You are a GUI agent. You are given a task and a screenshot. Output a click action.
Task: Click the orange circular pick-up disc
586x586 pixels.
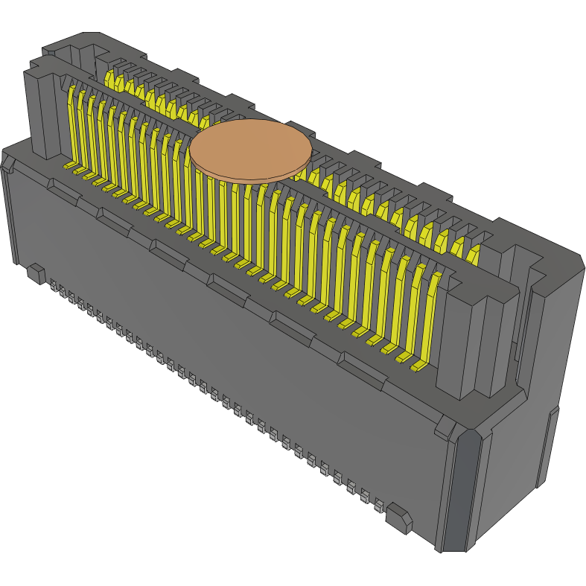(x=250, y=150)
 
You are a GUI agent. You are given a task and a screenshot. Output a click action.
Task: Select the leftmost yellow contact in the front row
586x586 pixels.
(x=73, y=127)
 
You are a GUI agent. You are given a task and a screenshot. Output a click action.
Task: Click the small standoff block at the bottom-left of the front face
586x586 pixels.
(x=35, y=273)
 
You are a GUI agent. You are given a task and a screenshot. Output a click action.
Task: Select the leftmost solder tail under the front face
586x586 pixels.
(x=54, y=285)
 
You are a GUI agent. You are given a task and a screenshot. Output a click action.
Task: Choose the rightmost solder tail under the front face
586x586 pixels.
(x=378, y=506)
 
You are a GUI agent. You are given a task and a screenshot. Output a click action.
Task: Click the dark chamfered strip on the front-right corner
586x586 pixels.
(x=455, y=491)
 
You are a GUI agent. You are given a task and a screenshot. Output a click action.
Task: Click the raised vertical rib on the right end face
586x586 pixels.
(x=548, y=447)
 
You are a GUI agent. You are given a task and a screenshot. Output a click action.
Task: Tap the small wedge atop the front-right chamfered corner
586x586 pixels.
(x=448, y=429)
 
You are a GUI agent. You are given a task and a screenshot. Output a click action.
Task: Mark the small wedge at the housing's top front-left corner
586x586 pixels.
(x=7, y=161)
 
